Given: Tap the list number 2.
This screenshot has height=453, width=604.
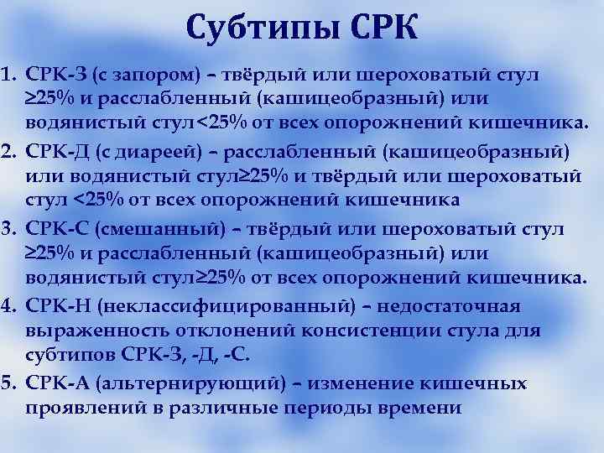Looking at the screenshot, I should [10, 151].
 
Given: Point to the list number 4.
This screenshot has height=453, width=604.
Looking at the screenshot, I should [10, 306].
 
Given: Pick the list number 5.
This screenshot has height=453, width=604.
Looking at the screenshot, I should [10, 383].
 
